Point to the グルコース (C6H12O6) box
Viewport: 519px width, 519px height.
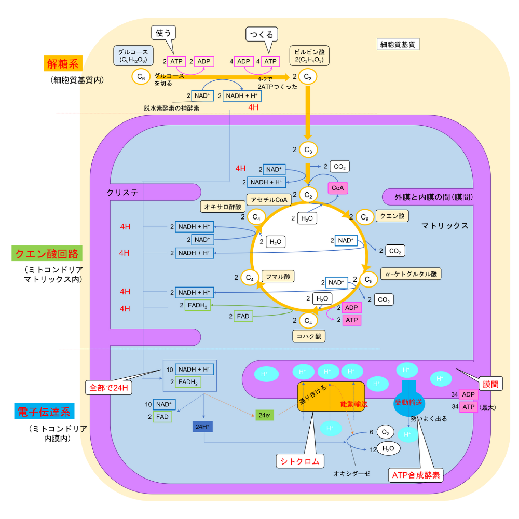tap(133, 56)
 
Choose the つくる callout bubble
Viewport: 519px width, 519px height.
tap(262, 35)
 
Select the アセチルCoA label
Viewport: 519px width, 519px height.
tap(269, 200)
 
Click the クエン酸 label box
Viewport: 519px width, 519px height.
tap(392, 216)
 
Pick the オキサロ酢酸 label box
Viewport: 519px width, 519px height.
tap(222, 207)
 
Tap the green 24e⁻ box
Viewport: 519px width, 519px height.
tap(263, 416)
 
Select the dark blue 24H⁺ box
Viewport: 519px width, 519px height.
tap(202, 427)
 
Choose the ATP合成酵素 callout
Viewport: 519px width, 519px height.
tap(415, 474)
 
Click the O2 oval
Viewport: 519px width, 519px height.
tap(385, 432)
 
